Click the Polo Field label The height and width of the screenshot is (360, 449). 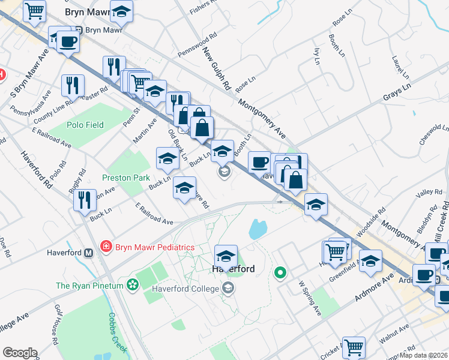(85, 125)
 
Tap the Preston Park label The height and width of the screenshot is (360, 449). (125, 178)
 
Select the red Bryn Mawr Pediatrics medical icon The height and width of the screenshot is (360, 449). (106, 247)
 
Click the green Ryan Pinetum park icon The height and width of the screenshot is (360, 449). (131, 286)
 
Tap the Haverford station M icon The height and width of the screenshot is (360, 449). (89, 253)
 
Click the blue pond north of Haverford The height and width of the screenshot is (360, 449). (258, 229)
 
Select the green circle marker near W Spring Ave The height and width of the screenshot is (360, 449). (280, 274)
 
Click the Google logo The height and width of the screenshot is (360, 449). (20, 353)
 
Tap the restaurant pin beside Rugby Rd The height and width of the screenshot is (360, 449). (85, 199)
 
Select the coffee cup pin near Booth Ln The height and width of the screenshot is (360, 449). (259, 163)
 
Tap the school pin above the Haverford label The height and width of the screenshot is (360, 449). (226, 256)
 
